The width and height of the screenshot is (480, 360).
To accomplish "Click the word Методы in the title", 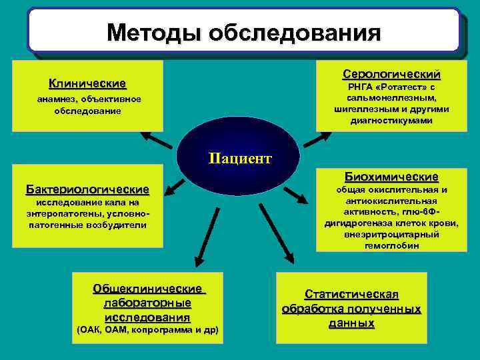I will tap(154, 32).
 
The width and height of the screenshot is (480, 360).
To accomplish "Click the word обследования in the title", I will tap(294, 32).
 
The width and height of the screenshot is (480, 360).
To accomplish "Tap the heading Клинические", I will tap(87, 84).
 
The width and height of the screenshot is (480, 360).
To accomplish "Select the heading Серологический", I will tap(391, 73).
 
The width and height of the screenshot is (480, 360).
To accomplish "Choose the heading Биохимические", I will tap(391, 177).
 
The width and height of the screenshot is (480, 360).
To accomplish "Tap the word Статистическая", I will tap(351, 295).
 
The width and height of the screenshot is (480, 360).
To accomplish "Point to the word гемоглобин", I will tap(391, 245).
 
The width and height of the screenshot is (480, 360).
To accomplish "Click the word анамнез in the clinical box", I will tap(61, 99).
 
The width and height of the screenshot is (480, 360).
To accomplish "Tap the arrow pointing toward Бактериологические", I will tap(175, 187).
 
